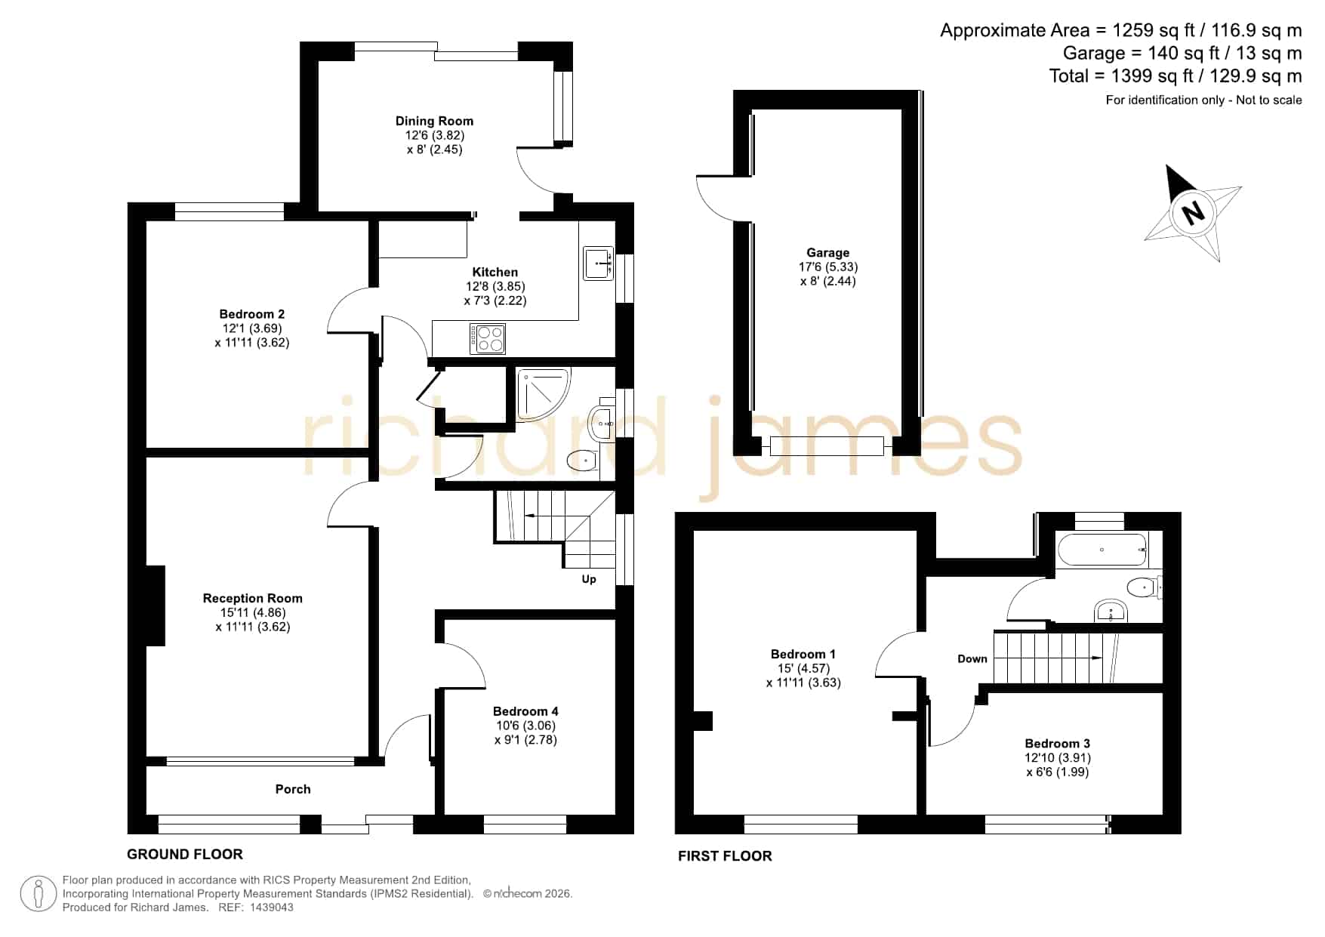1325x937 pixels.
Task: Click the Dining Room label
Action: click(x=434, y=121)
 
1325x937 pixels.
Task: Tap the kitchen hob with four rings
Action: click(x=487, y=338)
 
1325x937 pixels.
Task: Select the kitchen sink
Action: click(x=599, y=264)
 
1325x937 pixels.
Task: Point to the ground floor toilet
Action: click(x=582, y=460)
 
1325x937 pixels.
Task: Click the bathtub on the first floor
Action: click(x=1102, y=550)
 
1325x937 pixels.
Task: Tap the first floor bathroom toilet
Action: click(x=1143, y=587)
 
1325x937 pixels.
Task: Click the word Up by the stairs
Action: click(x=589, y=579)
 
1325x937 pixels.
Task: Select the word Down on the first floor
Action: click(x=972, y=659)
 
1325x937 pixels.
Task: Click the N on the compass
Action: click(x=1193, y=213)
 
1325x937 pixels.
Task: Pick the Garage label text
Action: click(x=828, y=253)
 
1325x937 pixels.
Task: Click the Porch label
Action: click(x=293, y=789)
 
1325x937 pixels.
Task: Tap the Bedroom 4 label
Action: click(x=525, y=711)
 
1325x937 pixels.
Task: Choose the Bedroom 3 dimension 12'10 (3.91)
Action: click(x=1058, y=758)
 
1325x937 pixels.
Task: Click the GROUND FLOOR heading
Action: click(x=185, y=855)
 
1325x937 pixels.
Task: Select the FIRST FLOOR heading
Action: click(x=725, y=856)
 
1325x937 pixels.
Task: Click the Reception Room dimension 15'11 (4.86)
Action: click(x=252, y=612)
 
